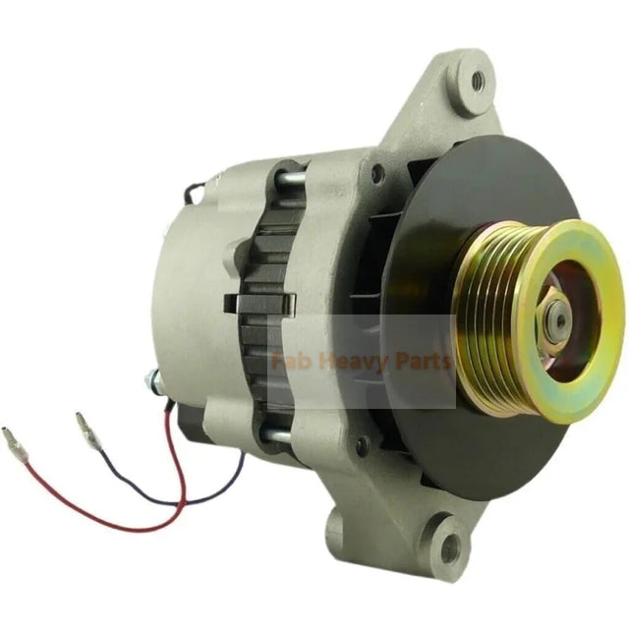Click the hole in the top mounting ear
479,82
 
